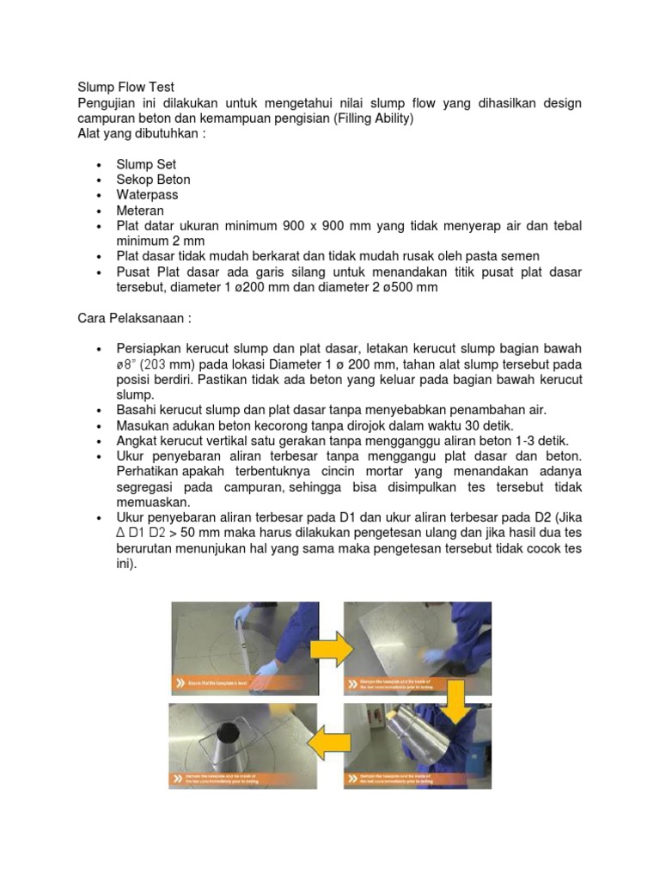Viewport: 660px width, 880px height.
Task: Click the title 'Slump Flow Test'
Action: pyautogui.click(x=125, y=88)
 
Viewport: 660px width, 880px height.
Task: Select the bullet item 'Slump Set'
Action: pyautogui.click(x=146, y=164)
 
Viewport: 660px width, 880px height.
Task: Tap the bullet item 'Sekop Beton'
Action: pyautogui.click(x=153, y=180)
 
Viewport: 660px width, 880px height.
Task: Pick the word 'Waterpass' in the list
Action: pyautogui.click(x=147, y=195)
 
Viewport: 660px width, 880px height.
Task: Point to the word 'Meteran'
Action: pyautogui.click(x=140, y=211)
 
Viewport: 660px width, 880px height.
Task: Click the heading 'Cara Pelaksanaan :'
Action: pyautogui.click(x=133, y=319)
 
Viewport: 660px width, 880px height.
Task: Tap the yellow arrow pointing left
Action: pyautogui.click(x=331, y=743)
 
